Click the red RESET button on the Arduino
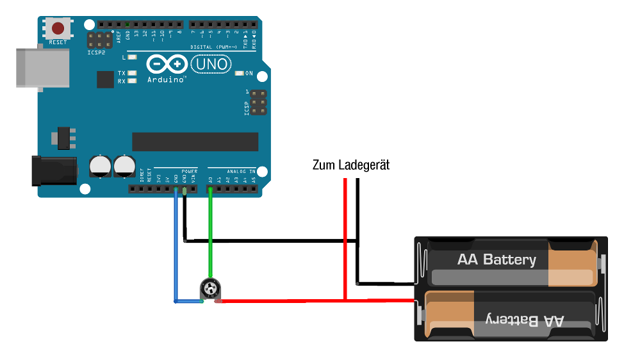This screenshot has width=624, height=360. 58,28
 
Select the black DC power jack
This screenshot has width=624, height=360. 54,171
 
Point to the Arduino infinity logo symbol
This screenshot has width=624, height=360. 167,64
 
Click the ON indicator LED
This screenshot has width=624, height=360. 240,74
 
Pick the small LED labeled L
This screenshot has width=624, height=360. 132,57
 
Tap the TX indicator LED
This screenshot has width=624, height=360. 132,73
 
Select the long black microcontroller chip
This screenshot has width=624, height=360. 195,142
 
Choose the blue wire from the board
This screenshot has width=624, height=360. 176,250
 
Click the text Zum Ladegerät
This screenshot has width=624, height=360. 351,165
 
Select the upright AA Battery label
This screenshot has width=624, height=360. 497,259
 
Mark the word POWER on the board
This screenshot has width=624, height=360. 189,172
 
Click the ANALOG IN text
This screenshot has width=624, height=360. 240,172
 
